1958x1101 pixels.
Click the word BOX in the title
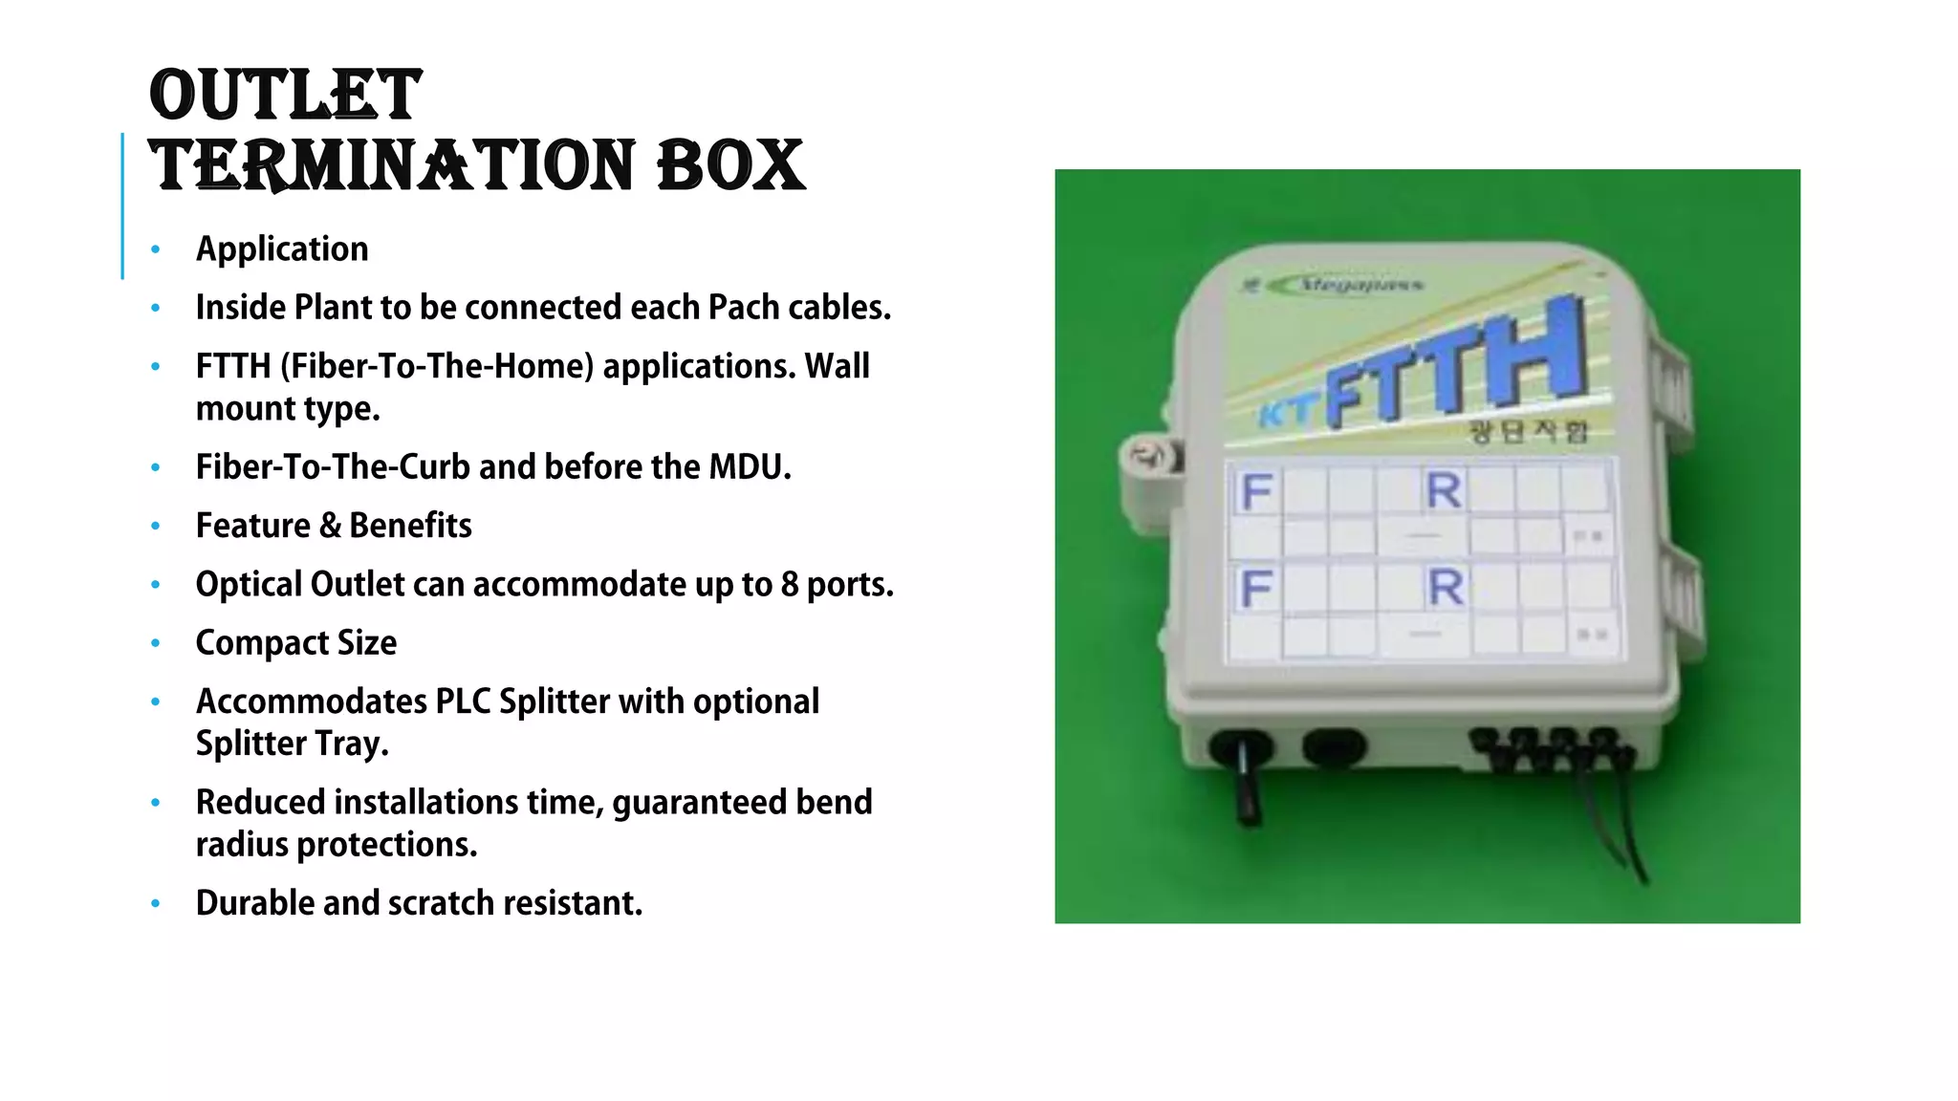[x=731, y=165]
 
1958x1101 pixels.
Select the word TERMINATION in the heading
[x=392, y=165]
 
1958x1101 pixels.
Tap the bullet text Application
[x=282, y=248]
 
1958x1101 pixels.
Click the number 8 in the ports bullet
[x=789, y=584]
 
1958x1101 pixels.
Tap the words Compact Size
[x=295, y=643]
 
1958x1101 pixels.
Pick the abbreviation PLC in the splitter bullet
[x=463, y=702]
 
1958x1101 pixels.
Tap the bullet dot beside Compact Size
[x=156, y=643]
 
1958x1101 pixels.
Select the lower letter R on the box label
[x=1445, y=587]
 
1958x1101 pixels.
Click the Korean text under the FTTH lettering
[x=1528, y=432]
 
